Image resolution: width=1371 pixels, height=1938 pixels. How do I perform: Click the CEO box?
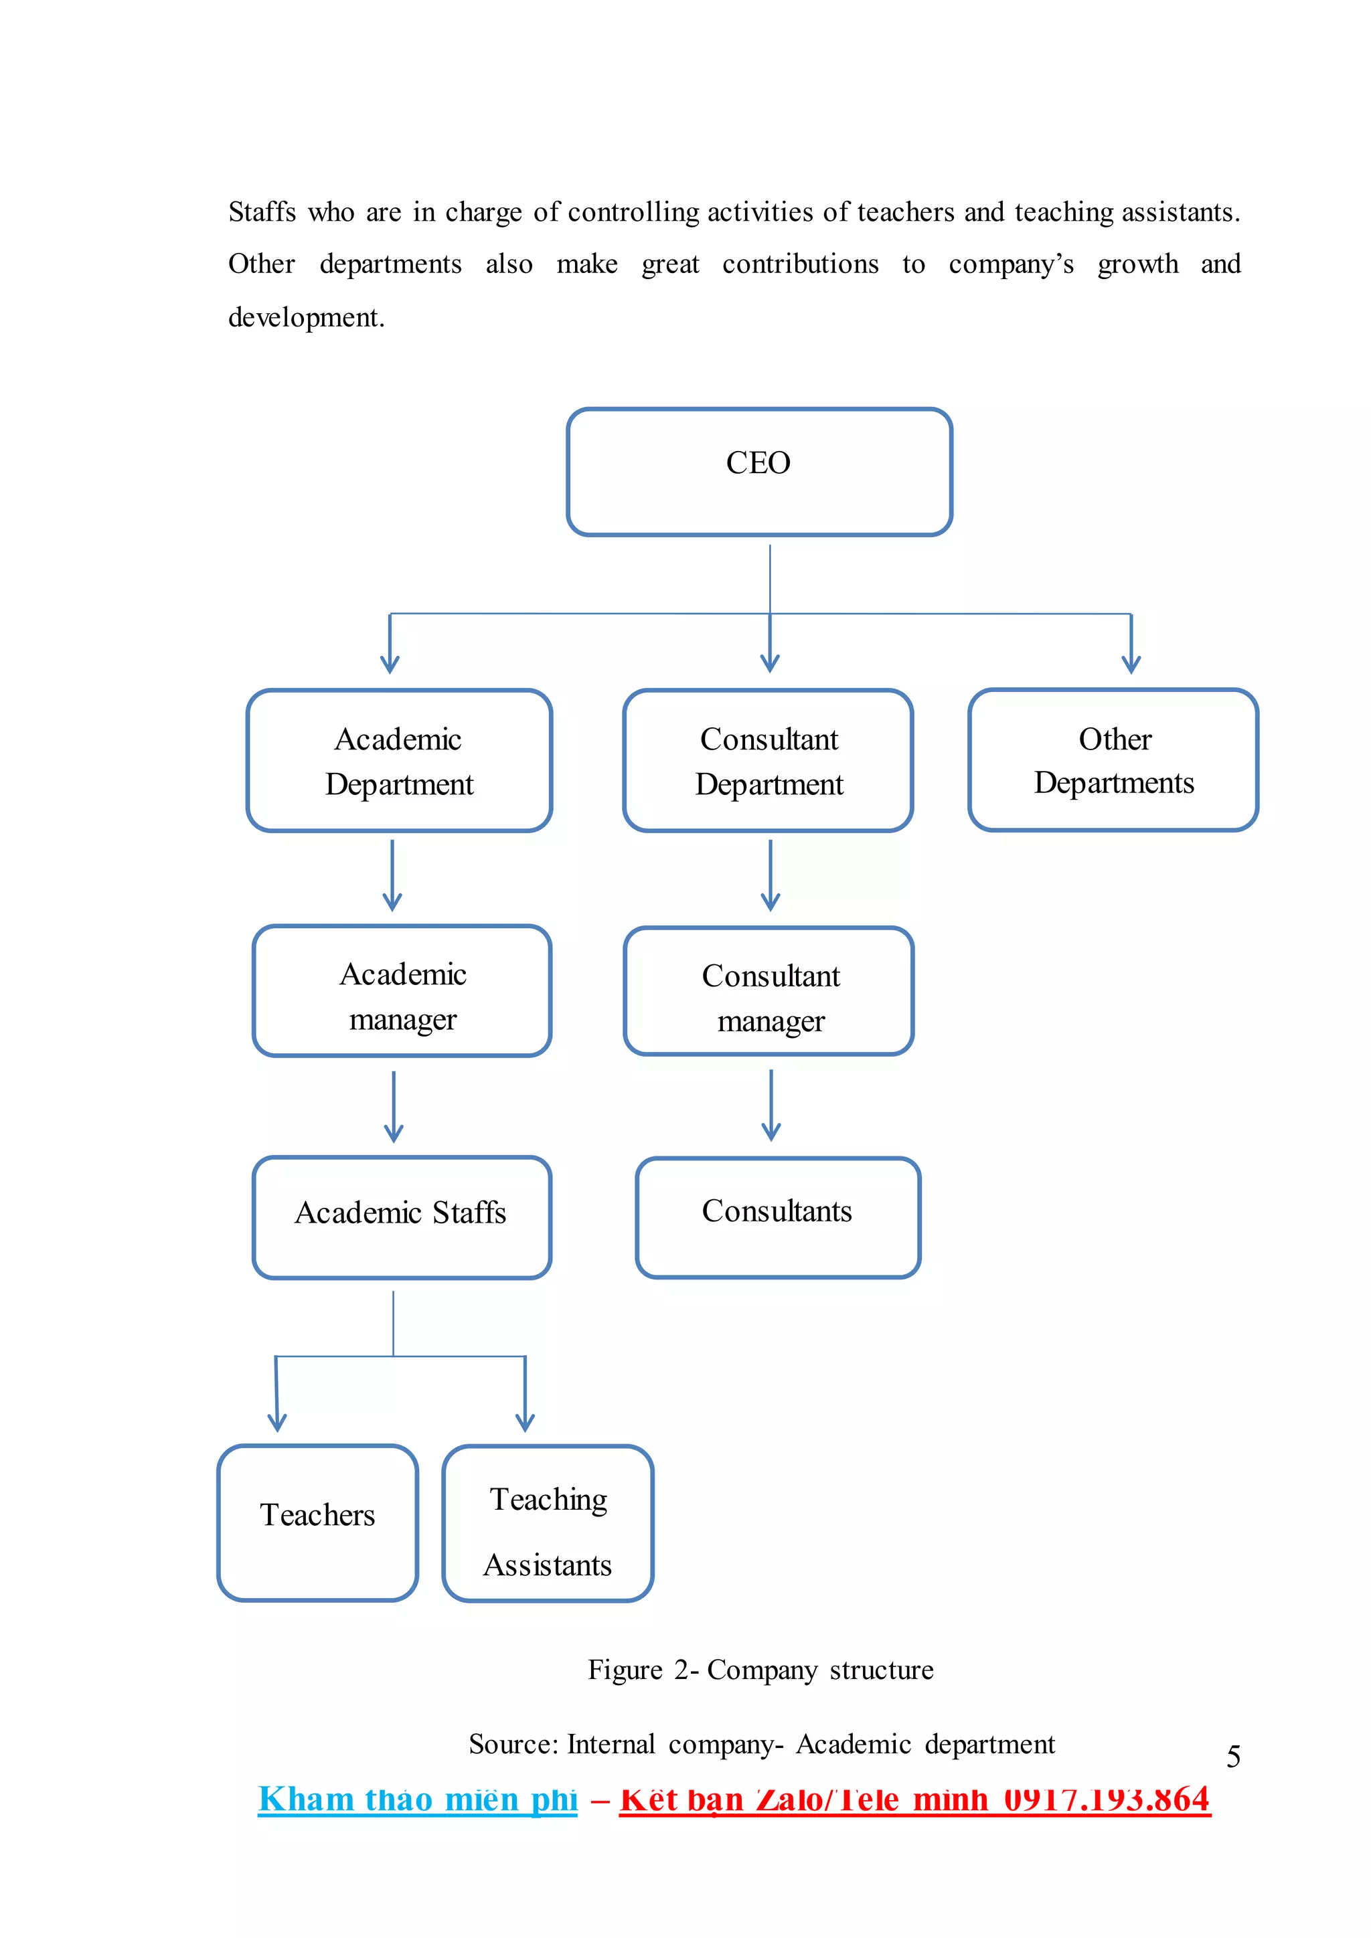point(759,472)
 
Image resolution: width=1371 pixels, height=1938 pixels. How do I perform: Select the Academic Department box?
point(399,760)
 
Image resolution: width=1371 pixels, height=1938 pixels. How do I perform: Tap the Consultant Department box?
point(769,760)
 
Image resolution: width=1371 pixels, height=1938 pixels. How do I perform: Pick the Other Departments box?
point(1113,760)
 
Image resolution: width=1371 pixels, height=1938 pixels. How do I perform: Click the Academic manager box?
point(402,991)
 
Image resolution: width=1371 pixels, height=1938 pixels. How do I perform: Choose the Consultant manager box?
point(769,992)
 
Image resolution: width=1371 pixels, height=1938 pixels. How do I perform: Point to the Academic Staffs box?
point(402,1217)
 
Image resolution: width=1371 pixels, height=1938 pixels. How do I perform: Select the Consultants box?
point(777,1217)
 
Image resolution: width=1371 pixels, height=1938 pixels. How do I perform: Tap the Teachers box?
point(317,1522)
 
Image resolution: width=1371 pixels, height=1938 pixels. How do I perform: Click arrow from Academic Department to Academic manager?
point(392,876)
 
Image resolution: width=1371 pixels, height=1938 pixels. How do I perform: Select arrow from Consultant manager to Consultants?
point(771,1106)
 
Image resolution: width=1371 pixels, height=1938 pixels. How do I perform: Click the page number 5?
point(1233,1757)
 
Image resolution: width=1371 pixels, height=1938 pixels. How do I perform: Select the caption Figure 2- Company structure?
point(760,1670)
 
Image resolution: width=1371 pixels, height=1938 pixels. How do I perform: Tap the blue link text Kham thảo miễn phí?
point(418,1799)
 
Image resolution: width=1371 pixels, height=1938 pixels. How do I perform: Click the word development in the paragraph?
point(306,317)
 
